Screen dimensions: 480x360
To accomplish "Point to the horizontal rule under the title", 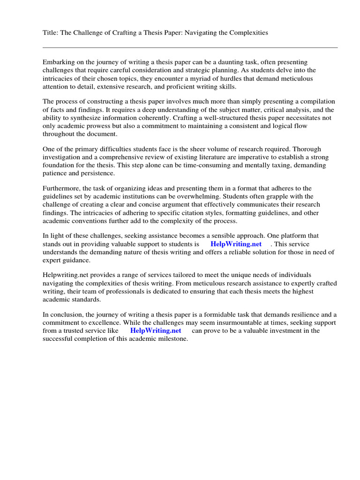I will tap(190, 47).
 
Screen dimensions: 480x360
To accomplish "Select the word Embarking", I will tap(58, 62).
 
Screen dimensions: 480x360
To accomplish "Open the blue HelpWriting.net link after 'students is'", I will tap(236, 244).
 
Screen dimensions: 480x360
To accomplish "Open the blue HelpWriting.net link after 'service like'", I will tap(156, 330).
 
